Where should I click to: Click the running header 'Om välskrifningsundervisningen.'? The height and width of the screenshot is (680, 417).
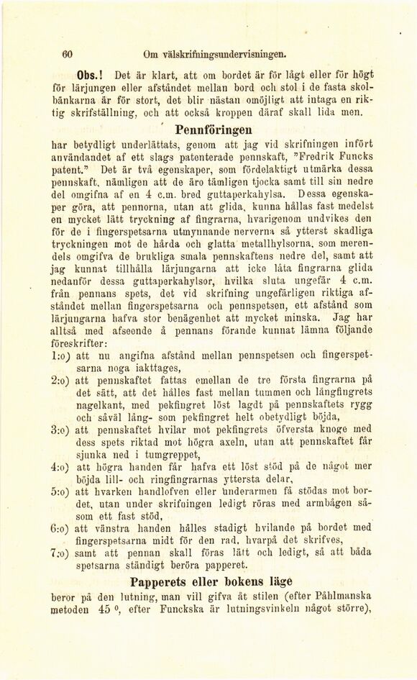tap(205, 53)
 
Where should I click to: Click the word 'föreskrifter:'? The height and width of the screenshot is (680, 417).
tap(82, 343)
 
